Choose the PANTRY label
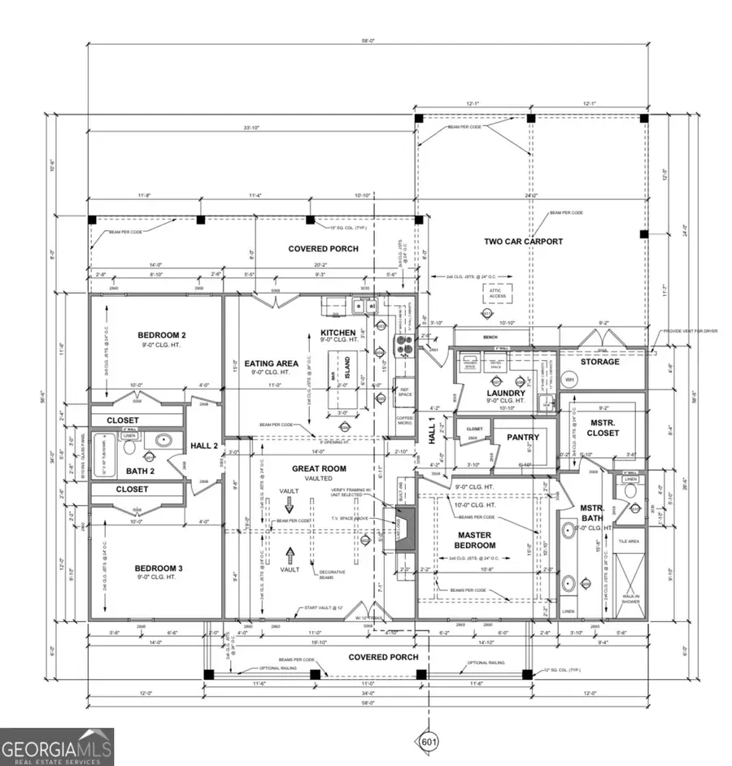[x=523, y=437]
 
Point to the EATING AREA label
[x=271, y=363]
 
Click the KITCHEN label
[x=338, y=333]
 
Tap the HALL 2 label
[x=203, y=446]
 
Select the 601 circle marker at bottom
[x=429, y=741]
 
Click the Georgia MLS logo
[x=57, y=746]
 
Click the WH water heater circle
[x=569, y=380]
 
